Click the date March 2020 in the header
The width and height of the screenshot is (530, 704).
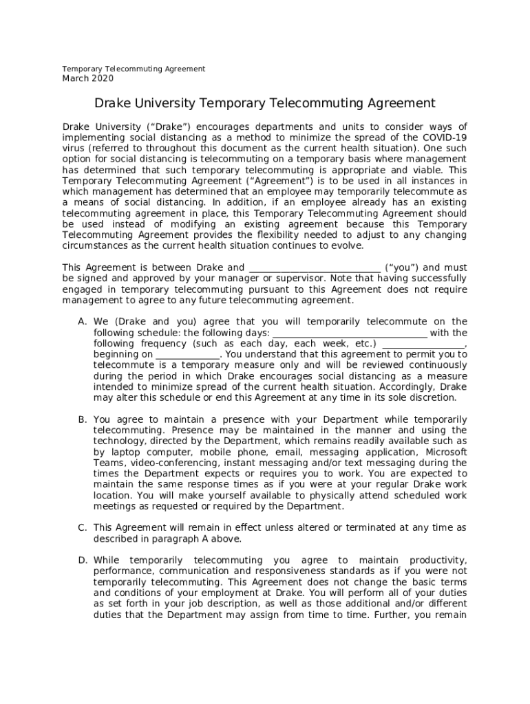88,79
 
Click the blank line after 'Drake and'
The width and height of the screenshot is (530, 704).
313,268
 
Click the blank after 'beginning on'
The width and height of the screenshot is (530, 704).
188,355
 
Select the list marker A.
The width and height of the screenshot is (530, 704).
82,322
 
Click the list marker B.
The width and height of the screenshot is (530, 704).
82,420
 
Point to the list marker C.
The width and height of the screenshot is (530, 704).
82,528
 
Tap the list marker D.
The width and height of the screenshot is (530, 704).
82,561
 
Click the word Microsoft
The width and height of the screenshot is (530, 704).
445,452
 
